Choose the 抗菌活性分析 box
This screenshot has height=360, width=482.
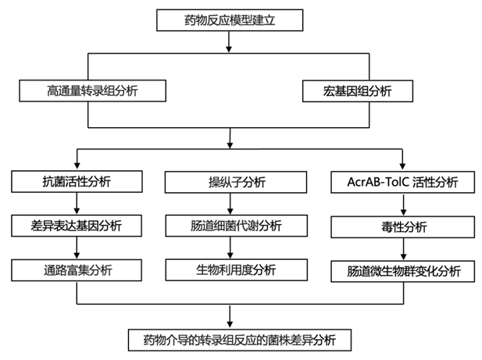77,182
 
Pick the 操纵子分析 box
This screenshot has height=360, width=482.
231,182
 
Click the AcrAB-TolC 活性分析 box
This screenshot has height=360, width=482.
401,182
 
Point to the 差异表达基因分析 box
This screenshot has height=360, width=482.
77,226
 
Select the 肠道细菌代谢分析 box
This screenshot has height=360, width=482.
231,226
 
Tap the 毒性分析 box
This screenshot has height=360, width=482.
401,227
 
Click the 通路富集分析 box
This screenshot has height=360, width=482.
77,270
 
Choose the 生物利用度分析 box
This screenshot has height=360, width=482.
231,270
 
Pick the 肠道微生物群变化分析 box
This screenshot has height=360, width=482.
401,272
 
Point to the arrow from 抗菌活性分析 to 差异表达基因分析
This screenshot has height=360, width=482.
77,204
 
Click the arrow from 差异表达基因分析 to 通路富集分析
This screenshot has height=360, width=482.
77,248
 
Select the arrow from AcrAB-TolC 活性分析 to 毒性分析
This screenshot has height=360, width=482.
402,205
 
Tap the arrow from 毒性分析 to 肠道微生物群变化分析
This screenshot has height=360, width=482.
402,249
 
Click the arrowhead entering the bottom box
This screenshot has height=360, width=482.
230,324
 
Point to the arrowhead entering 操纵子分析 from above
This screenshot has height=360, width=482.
230,166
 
